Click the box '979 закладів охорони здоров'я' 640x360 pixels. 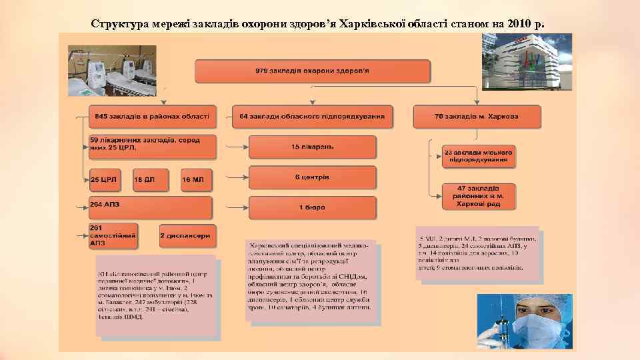point(312,71)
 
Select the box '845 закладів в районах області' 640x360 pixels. point(153,116)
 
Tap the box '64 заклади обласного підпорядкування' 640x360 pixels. point(312,116)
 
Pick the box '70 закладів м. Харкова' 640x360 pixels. point(476,116)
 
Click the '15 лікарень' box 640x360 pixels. point(312,147)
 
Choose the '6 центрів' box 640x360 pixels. point(312,178)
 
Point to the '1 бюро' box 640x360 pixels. point(312,207)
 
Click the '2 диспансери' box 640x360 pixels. point(185,236)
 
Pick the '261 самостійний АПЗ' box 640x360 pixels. point(113,236)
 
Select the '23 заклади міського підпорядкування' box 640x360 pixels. point(479,157)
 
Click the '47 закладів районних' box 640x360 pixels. point(479,196)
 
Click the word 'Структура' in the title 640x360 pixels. point(116,25)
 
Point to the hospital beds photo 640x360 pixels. point(111,71)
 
